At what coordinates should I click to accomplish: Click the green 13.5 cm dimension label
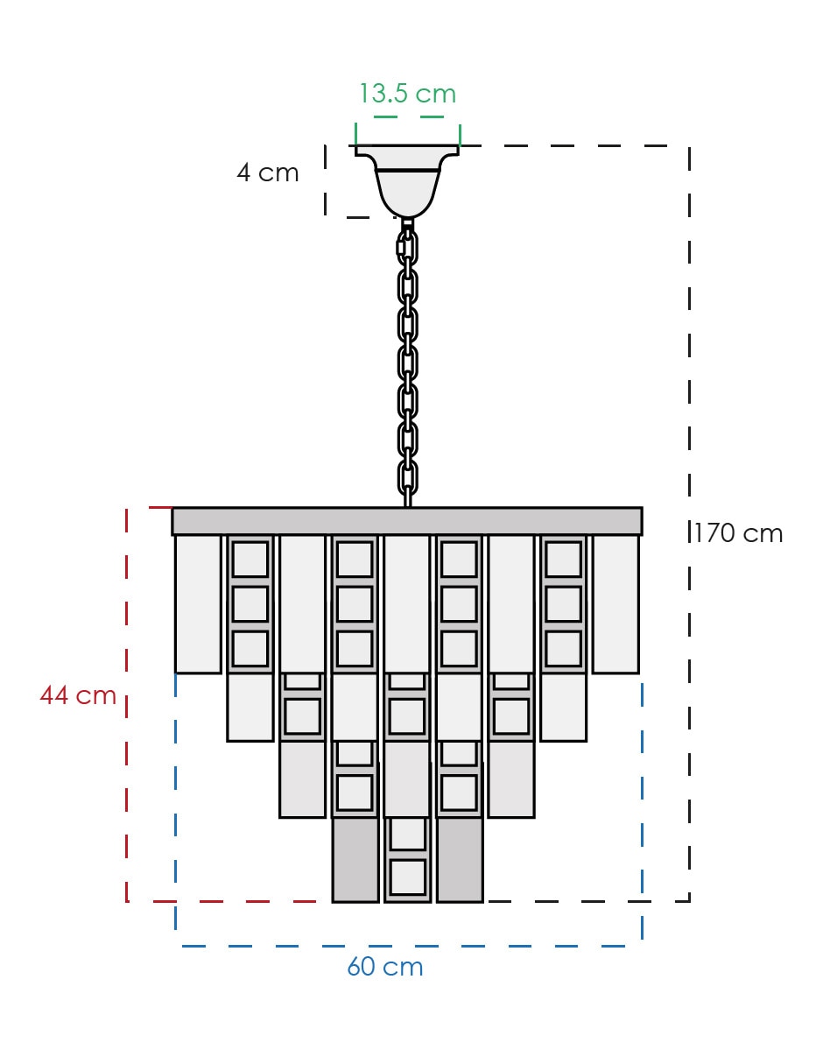click(x=408, y=93)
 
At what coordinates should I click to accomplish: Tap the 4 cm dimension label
click(x=268, y=173)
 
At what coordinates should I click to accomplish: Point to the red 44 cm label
click(x=78, y=694)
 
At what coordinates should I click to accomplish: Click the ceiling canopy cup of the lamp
click(x=407, y=180)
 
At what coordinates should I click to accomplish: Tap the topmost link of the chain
click(x=407, y=247)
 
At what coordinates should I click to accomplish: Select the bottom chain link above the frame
click(x=407, y=477)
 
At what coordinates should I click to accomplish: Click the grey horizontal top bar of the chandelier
click(x=407, y=521)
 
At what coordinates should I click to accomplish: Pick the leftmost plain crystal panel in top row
click(x=198, y=604)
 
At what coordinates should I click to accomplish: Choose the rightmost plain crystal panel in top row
click(x=615, y=604)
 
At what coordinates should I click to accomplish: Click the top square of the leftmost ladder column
click(x=250, y=560)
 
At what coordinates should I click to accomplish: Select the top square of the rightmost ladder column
click(x=564, y=560)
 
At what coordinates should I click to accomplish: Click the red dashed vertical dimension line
click(x=127, y=705)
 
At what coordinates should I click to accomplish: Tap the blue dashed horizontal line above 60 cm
click(x=409, y=946)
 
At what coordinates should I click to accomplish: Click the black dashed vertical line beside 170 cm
click(x=689, y=524)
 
